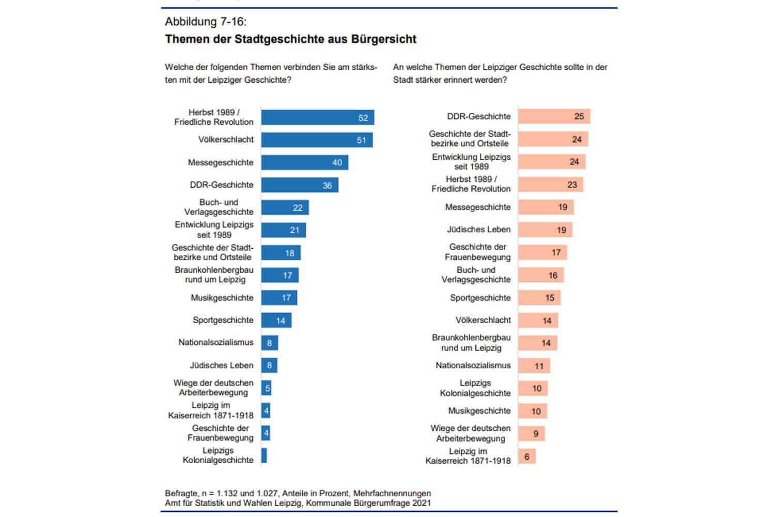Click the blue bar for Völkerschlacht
pyautogui.click(x=317, y=140)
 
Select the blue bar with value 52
pyautogui.click(x=317, y=117)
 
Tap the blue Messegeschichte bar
pyautogui.click(x=304, y=162)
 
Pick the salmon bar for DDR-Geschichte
pyautogui.click(x=554, y=116)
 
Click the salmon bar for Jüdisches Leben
pyautogui.click(x=545, y=230)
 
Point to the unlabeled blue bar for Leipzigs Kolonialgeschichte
pyautogui.click(x=264, y=455)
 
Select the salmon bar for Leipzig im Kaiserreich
pyautogui.click(x=527, y=457)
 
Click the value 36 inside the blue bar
pyautogui.click(x=327, y=185)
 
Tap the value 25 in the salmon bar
pyautogui.click(x=579, y=116)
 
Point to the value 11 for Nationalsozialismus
pyautogui.click(x=539, y=366)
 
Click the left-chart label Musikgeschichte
pyautogui.click(x=222, y=298)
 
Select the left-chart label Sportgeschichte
pyautogui.click(x=223, y=320)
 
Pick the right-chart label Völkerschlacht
pyautogui.click(x=483, y=320)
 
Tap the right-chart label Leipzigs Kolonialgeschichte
pyautogui.click(x=475, y=388)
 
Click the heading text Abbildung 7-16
pyautogui.click(x=206, y=22)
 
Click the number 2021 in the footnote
pyautogui.click(x=421, y=503)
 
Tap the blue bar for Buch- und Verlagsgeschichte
pyautogui.click(x=285, y=207)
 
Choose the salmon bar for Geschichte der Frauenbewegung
pyautogui.click(x=542, y=252)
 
